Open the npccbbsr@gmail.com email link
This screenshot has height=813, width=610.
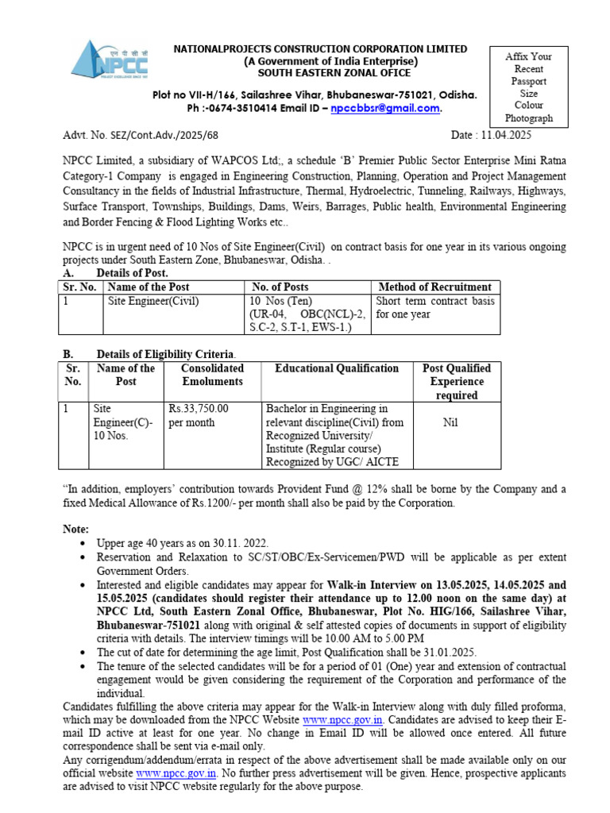click(x=385, y=109)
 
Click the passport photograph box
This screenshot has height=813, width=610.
click(x=529, y=87)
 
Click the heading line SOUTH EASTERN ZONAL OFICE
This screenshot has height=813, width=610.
click(x=321, y=73)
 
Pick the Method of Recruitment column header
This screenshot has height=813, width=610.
click(x=435, y=287)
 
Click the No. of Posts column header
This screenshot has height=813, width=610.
click(x=280, y=287)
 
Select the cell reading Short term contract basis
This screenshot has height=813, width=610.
click(x=435, y=301)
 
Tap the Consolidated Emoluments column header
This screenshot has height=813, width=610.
click(x=212, y=375)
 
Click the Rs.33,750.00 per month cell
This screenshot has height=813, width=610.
click(x=199, y=415)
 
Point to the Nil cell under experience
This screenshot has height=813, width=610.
click(x=450, y=423)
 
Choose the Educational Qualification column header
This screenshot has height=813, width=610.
click(x=337, y=368)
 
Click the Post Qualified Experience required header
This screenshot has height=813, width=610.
click(x=457, y=381)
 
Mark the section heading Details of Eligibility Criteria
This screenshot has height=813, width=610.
click(x=166, y=353)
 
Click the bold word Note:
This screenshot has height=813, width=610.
click(x=76, y=529)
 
